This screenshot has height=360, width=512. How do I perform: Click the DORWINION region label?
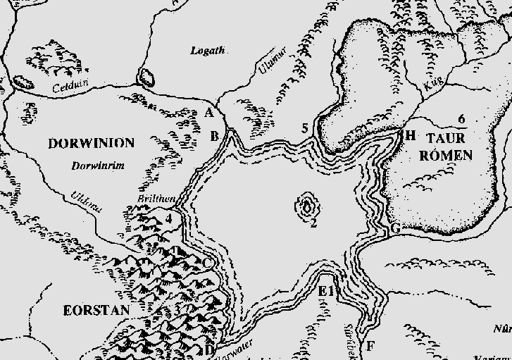pyautogui.click(x=91, y=144)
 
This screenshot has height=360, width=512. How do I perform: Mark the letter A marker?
pyautogui.click(x=208, y=113)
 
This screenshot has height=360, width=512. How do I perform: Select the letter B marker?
pyautogui.click(x=216, y=136)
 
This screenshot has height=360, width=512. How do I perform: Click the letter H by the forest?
pyautogui.click(x=411, y=135)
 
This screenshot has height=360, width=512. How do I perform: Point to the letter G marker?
pyautogui.click(x=395, y=228)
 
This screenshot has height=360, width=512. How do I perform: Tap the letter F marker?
pyautogui.click(x=370, y=346)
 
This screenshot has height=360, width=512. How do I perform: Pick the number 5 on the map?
pyautogui.click(x=305, y=128)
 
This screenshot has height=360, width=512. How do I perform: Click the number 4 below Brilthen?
pyautogui.click(x=169, y=218)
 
